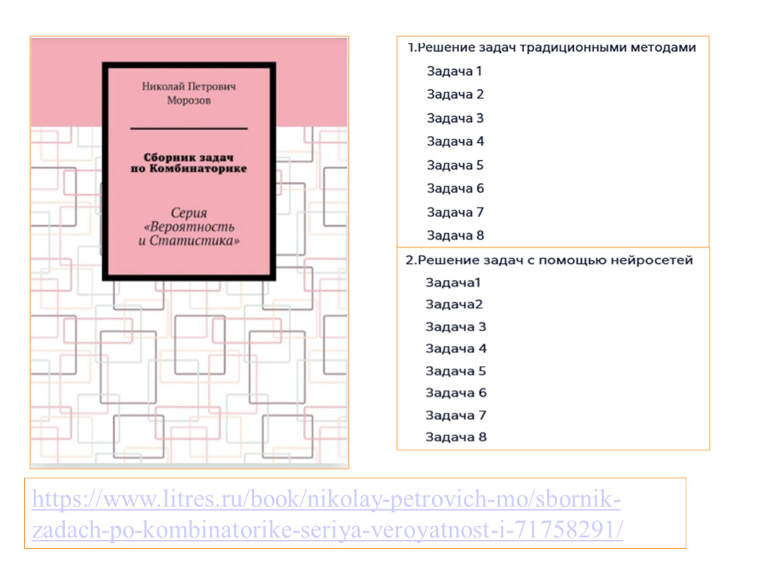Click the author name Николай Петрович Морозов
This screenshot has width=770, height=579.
pyautogui.click(x=189, y=93)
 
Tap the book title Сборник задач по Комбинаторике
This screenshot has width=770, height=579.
pyautogui.click(x=189, y=163)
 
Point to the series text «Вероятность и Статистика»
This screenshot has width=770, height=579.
pyautogui.click(x=189, y=233)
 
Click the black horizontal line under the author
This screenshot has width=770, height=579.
pyautogui.click(x=189, y=129)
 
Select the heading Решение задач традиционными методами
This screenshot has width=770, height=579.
pyautogui.click(x=557, y=47)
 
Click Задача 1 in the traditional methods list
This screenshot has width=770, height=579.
pyautogui.click(x=454, y=71)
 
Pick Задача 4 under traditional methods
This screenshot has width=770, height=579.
pyautogui.click(x=455, y=141)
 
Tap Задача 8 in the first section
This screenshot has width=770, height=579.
pyautogui.click(x=455, y=235)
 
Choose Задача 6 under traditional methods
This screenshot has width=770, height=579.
pyautogui.click(x=455, y=188)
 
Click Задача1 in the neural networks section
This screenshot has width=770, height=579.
pyautogui.click(x=453, y=283)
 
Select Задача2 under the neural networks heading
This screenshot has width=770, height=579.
pyautogui.click(x=454, y=305)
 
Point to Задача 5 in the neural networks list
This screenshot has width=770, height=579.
pyautogui.click(x=456, y=371)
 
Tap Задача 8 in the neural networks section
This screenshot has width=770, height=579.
pyautogui.click(x=456, y=437)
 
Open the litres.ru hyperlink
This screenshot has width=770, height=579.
pyautogui.click(x=327, y=514)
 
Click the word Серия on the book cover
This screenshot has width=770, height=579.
pyautogui.click(x=189, y=213)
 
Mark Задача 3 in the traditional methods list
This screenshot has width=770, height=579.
pyautogui.click(x=455, y=119)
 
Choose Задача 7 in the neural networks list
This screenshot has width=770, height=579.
pyautogui.click(x=456, y=415)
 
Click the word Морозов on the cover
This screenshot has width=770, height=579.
pyautogui.click(x=189, y=101)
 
